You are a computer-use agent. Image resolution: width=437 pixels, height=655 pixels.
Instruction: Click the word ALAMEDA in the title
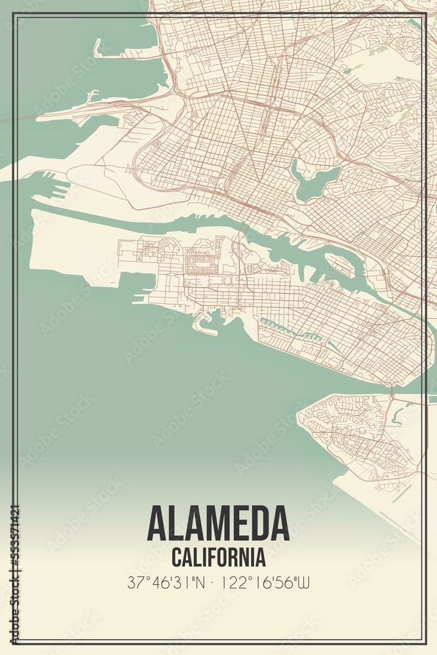pos(218,523)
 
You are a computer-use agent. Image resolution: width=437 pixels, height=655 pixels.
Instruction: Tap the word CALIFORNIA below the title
pos(218,558)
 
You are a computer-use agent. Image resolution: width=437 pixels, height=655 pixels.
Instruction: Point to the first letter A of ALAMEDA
pos(158,523)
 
